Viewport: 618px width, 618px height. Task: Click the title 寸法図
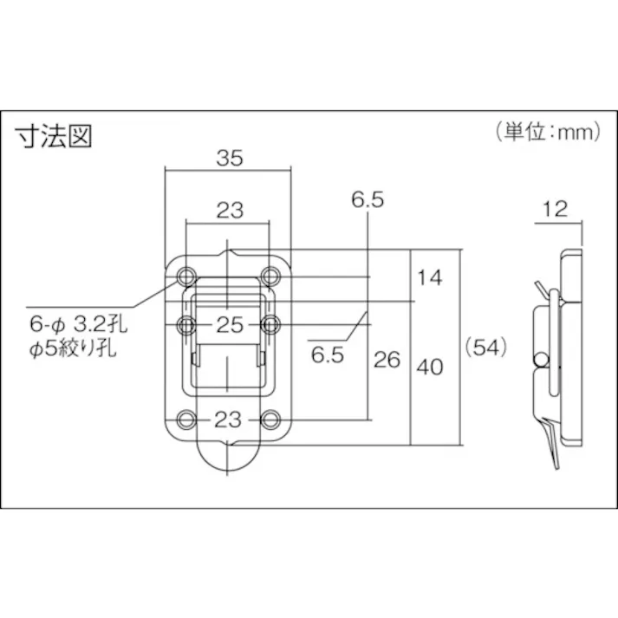[54, 137]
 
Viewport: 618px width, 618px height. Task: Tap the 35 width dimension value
[229, 158]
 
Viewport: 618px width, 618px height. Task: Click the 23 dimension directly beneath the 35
[229, 209]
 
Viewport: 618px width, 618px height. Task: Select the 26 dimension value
[387, 359]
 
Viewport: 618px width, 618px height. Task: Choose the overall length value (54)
[485, 347]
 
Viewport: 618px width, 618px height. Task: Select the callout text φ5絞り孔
[79, 351]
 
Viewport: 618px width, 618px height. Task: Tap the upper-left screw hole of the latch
[186, 276]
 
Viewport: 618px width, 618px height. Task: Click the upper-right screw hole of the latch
[271, 276]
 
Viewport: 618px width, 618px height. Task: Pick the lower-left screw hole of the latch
[186, 420]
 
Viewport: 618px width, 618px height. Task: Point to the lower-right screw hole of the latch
[271, 420]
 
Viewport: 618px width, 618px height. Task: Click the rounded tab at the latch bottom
[229, 454]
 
